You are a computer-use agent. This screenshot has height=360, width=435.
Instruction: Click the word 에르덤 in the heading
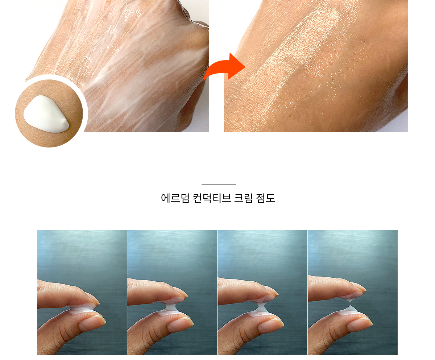click(x=175, y=198)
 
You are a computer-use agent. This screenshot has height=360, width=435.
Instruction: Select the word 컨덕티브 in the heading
click(x=212, y=198)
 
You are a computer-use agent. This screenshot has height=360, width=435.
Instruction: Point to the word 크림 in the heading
click(x=243, y=198)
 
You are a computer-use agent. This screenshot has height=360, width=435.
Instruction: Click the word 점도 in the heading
click(x=265, y=198)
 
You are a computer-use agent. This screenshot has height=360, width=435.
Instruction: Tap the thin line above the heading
click(x=219, y=185)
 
